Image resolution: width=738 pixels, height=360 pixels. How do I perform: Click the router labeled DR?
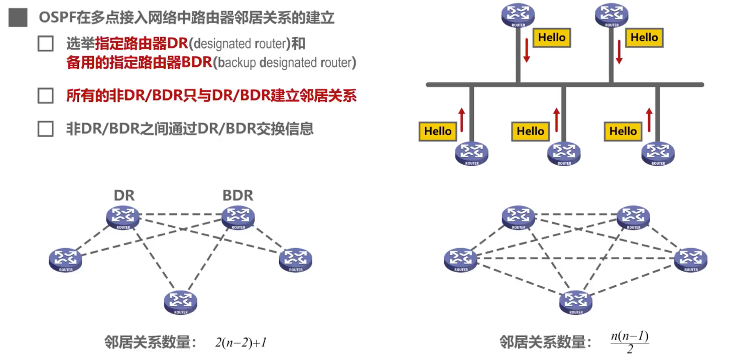[123, 217]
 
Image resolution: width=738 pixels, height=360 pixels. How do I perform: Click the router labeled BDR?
[238, 217]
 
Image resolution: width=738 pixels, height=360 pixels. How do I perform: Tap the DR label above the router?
[124, 195]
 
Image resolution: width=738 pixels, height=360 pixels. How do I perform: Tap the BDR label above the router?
[238, 195]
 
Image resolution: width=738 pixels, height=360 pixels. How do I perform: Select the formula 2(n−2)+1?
[240, 343]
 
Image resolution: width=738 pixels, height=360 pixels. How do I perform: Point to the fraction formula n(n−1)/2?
[630, 342]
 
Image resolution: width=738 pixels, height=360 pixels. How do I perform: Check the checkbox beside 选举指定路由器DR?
[46, 44]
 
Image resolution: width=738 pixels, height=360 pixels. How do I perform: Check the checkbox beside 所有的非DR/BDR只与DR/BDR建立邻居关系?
[46, 95]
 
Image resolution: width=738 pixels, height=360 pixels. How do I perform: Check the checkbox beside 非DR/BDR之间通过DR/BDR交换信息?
[46, 129]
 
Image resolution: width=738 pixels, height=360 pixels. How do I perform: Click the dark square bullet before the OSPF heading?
[18, 18]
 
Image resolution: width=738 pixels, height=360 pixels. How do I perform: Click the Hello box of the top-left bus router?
[552, 38]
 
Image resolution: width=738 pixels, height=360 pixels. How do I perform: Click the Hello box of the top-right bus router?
[644, 38]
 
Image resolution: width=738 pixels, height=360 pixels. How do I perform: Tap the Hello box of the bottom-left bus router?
[438, 132]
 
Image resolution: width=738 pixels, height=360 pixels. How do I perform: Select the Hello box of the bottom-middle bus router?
[530, 132]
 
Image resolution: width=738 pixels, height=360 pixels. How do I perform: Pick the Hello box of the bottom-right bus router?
[623, 132]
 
